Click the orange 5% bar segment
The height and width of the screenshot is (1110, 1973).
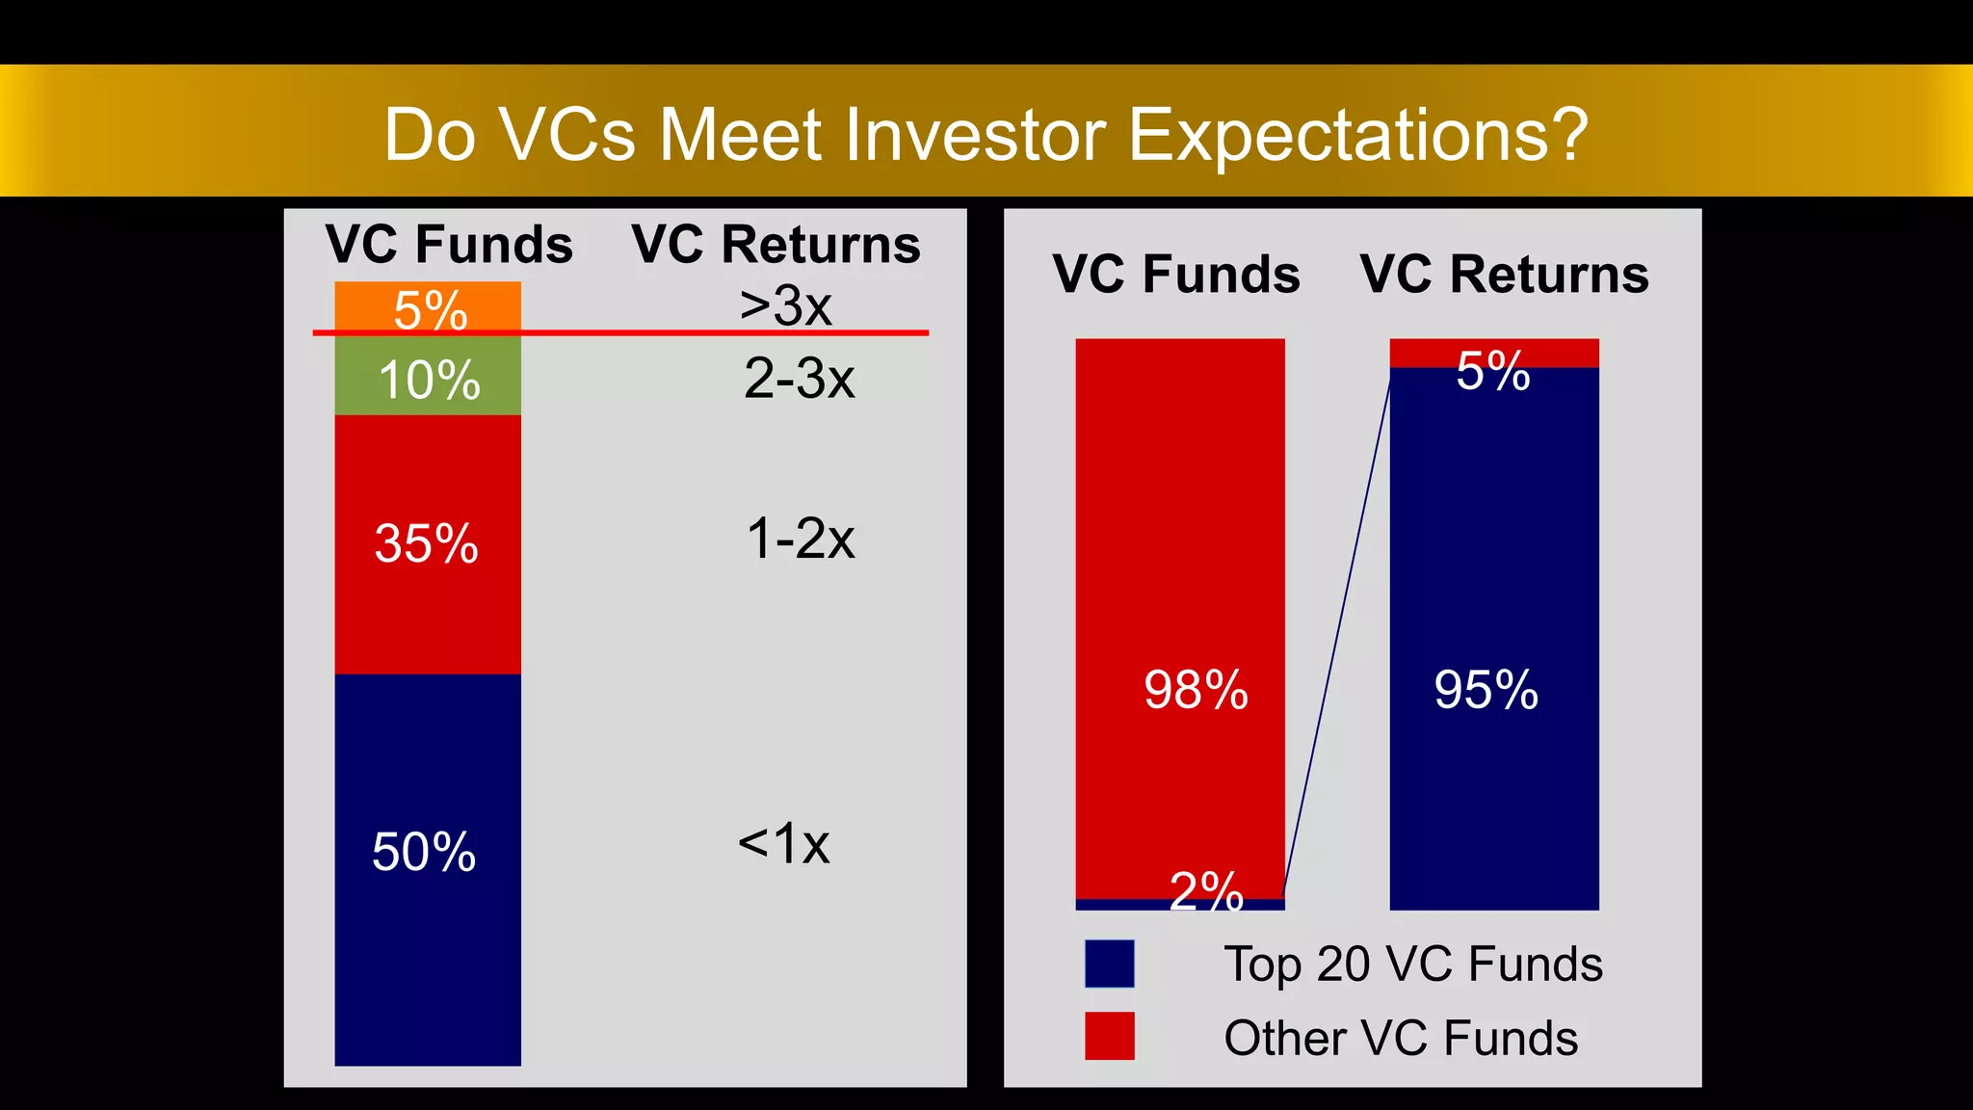point(428,306)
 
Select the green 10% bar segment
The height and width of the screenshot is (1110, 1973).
point(428,377)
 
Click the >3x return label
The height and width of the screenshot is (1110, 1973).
point(785,305)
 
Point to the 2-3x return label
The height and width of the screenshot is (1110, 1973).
point(799,378)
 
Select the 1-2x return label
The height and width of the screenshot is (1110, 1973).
point(800,538)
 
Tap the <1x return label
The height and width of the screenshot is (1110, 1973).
point(783,843)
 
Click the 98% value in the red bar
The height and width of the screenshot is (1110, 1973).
point(1196,690)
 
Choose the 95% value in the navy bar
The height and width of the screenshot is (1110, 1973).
point(1486,690)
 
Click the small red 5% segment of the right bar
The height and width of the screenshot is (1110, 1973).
point(1561,353)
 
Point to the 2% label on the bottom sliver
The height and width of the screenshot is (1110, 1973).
point(1206,890)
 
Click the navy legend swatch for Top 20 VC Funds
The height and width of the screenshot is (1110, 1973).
point(1109,964)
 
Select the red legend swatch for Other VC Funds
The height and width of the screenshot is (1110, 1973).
point(1109,1036)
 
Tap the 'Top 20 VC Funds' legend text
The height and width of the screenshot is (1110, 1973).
point(1412,964)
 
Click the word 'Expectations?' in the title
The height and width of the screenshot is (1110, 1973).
point(1356,134)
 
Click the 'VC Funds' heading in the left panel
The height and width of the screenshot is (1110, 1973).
point(449,244)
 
